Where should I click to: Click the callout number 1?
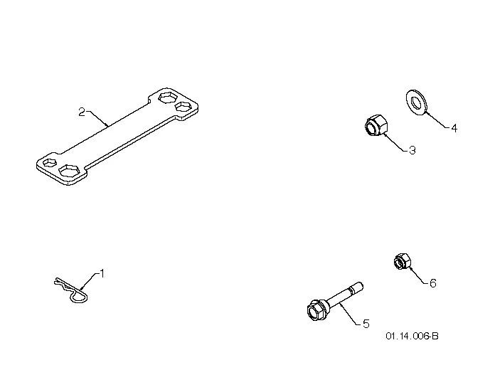(x=102, y=273)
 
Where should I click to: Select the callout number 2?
(x=82, y=112)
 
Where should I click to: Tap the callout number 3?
(x=412, y=150)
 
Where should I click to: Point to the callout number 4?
(x=454, y=128)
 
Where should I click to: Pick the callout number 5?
(x=366, y=324)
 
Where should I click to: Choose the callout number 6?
(x=433, y=283)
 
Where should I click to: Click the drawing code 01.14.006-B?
(x=412, y=336)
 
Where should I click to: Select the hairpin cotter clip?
(x=71, y=290)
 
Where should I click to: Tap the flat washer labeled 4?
(x=416, y=102)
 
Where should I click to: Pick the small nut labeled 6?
(x=403, y=261)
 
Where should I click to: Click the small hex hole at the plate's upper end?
(x=183, y=107)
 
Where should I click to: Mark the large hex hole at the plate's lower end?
(x=70, y=171)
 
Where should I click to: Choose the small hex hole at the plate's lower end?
(x=49, y=162)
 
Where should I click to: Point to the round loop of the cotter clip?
(x=79, y=298)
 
